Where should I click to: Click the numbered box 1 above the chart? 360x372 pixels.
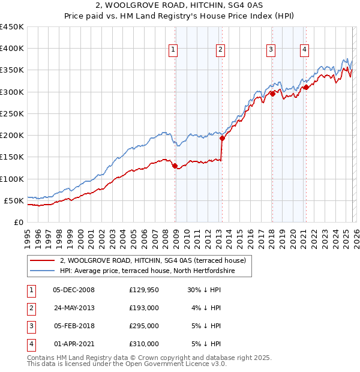[x=173, y=50]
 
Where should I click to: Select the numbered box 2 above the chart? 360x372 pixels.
[x=220, y=50]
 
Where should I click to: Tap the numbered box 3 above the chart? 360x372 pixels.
[x=271, y=50]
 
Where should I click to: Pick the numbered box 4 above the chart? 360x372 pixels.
[x=305, y=50]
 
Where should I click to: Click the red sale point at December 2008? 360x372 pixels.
[x=175, y=166]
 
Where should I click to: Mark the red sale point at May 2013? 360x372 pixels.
[x=222, y=138]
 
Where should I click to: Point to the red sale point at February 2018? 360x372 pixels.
[x=272, y=94]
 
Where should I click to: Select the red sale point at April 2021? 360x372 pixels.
[x=306, y=87]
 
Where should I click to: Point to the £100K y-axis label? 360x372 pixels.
[x=13, y=179]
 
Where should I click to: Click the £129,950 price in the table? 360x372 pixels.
[x=144, y=290]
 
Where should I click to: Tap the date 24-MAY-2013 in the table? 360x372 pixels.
[x=74, y=308]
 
